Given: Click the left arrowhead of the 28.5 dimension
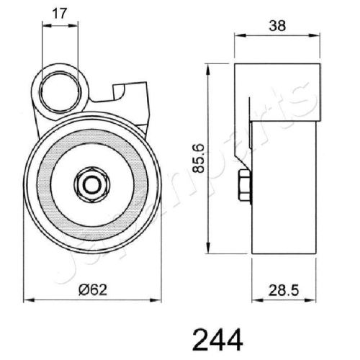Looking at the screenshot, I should [x=255, y=299].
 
